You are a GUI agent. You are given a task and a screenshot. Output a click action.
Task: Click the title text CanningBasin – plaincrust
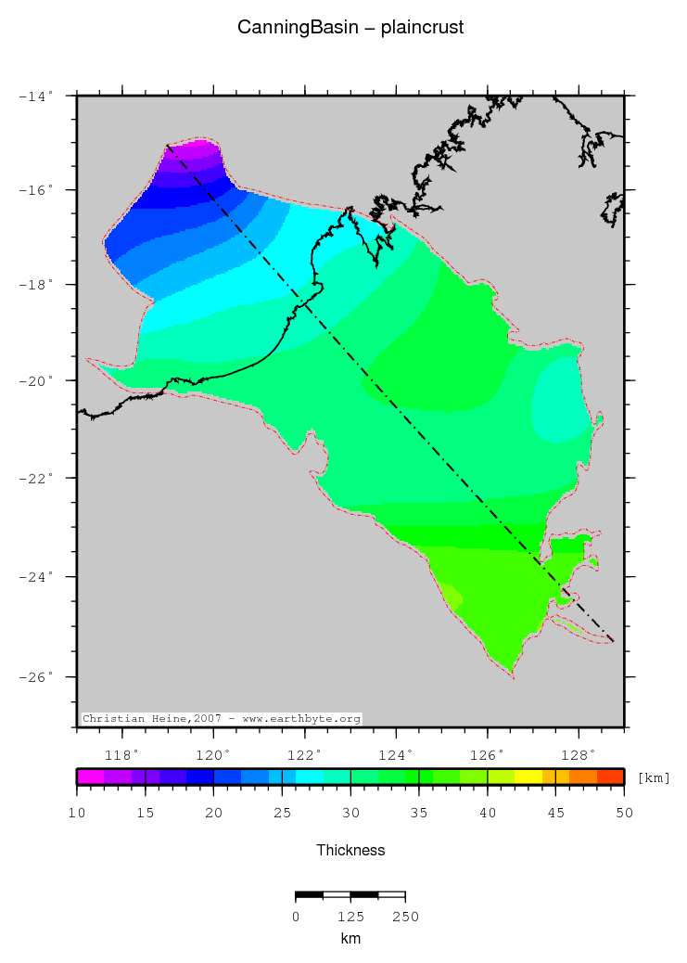[x=350, y=28]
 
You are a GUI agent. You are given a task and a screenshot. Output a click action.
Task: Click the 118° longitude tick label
[x=126, y=753]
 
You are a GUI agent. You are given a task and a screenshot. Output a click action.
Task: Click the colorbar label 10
[x=78, y=814]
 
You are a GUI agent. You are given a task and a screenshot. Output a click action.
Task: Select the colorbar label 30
[x=350, y=814]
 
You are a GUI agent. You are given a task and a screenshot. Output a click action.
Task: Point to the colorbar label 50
[x=624, y=814]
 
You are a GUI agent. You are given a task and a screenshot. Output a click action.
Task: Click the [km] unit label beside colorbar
[x=655, y=777]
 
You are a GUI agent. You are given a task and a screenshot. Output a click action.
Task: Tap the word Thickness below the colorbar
[x=350, y=850]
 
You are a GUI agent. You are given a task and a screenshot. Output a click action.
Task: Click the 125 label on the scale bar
[x=350, y=917]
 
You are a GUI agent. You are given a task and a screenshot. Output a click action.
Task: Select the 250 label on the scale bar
[x=405, y=917]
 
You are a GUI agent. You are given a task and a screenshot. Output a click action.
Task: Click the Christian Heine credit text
[x=221, y=719]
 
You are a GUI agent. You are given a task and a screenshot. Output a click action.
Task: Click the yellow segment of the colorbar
[x=528, y=777]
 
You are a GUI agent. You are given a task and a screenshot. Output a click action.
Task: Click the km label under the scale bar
[x=350, y=939]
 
